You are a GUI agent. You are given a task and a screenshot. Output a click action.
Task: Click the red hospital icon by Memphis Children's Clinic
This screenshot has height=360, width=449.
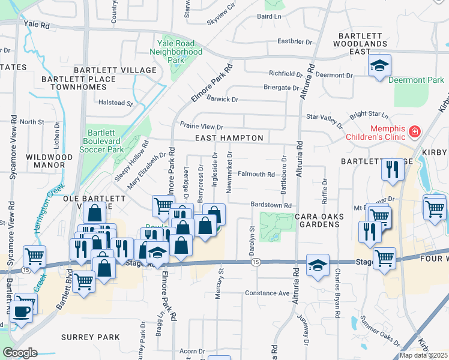[x=414, y=131]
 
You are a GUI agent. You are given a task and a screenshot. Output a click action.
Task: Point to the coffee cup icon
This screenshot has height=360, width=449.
[x=22, y=311]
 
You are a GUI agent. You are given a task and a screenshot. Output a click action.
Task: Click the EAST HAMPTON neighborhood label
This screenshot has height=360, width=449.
[x=229, y=138]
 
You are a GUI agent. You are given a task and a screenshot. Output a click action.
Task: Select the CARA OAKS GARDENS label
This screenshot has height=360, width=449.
[x=316, y=220]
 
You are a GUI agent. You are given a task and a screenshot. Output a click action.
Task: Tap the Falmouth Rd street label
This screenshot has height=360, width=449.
[x=256, y=175]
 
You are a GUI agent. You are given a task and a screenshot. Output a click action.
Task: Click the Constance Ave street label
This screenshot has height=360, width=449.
[x=267, y=293]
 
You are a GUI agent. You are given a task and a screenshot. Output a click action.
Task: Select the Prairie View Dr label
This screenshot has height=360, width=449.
[x=201, y=126]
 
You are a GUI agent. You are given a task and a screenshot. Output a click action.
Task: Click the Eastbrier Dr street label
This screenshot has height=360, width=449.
[x=295, y=42]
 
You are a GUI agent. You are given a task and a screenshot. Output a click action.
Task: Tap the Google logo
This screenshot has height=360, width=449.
[x=20, y=353]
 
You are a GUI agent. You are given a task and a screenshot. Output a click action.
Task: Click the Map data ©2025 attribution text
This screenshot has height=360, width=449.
[x=423, y=355]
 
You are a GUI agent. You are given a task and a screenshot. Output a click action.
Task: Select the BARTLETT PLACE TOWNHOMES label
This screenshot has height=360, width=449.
[x=78, y=84]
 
